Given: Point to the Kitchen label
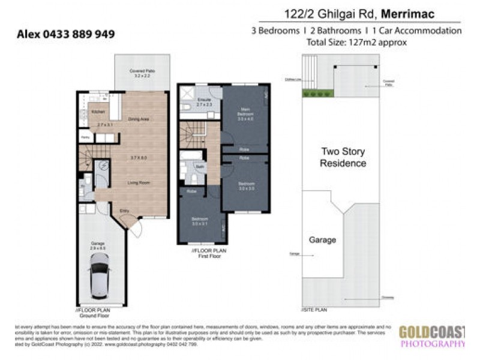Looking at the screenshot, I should pyautogui.click(x=98, y=112).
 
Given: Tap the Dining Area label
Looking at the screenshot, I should pyautogui.click(x=139, y=119).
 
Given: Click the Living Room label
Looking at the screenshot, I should pyautogui.click(x=139, y=182).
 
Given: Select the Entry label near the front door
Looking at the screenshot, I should pyautogui.click(x=124, y=211).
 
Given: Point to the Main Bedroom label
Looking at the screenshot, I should pyautogui.click(x=242, y=112).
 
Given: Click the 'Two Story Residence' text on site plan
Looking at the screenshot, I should pyautogui.click(x=343, y=157).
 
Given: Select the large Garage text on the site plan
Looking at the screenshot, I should pyautogui.click(x=322, y=239).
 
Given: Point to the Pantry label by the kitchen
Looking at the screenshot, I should pyautogui.click(x=85, y=137).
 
